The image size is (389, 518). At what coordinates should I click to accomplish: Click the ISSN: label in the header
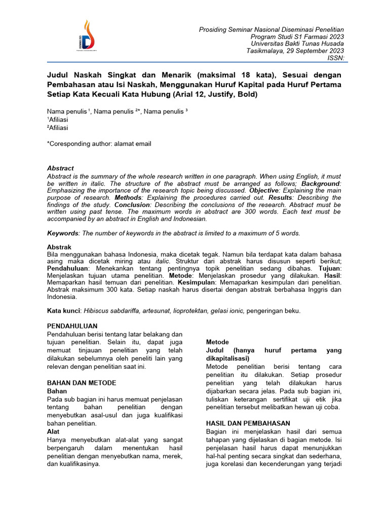pyautogui.click(x=335, y=58)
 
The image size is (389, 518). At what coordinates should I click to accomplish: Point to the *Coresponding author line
pyautogui.click(x=99, y=144)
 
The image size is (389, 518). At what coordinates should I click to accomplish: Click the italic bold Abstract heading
pyautogui.click(x=60, y=168)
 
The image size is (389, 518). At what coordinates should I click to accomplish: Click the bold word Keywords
pyautogui.click(x=63, y=233)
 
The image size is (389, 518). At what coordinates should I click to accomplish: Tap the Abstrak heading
pyautogui.click(x=59, y=246)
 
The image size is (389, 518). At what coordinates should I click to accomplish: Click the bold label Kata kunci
pyautogui.click(x=64, y=311)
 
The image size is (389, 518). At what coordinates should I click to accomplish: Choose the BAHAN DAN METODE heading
pyautogui.click(x=82, y=382)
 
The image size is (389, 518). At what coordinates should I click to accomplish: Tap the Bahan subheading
pyautogui.click(x=57, y=391)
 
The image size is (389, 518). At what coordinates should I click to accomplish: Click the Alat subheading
pyautogui.click(x=53, y=431)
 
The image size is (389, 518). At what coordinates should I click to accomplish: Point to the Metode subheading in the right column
pyautogui.click(x=217, y=342)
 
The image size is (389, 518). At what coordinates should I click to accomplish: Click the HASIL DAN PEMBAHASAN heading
pyautogui.click(x=248, y=423)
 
